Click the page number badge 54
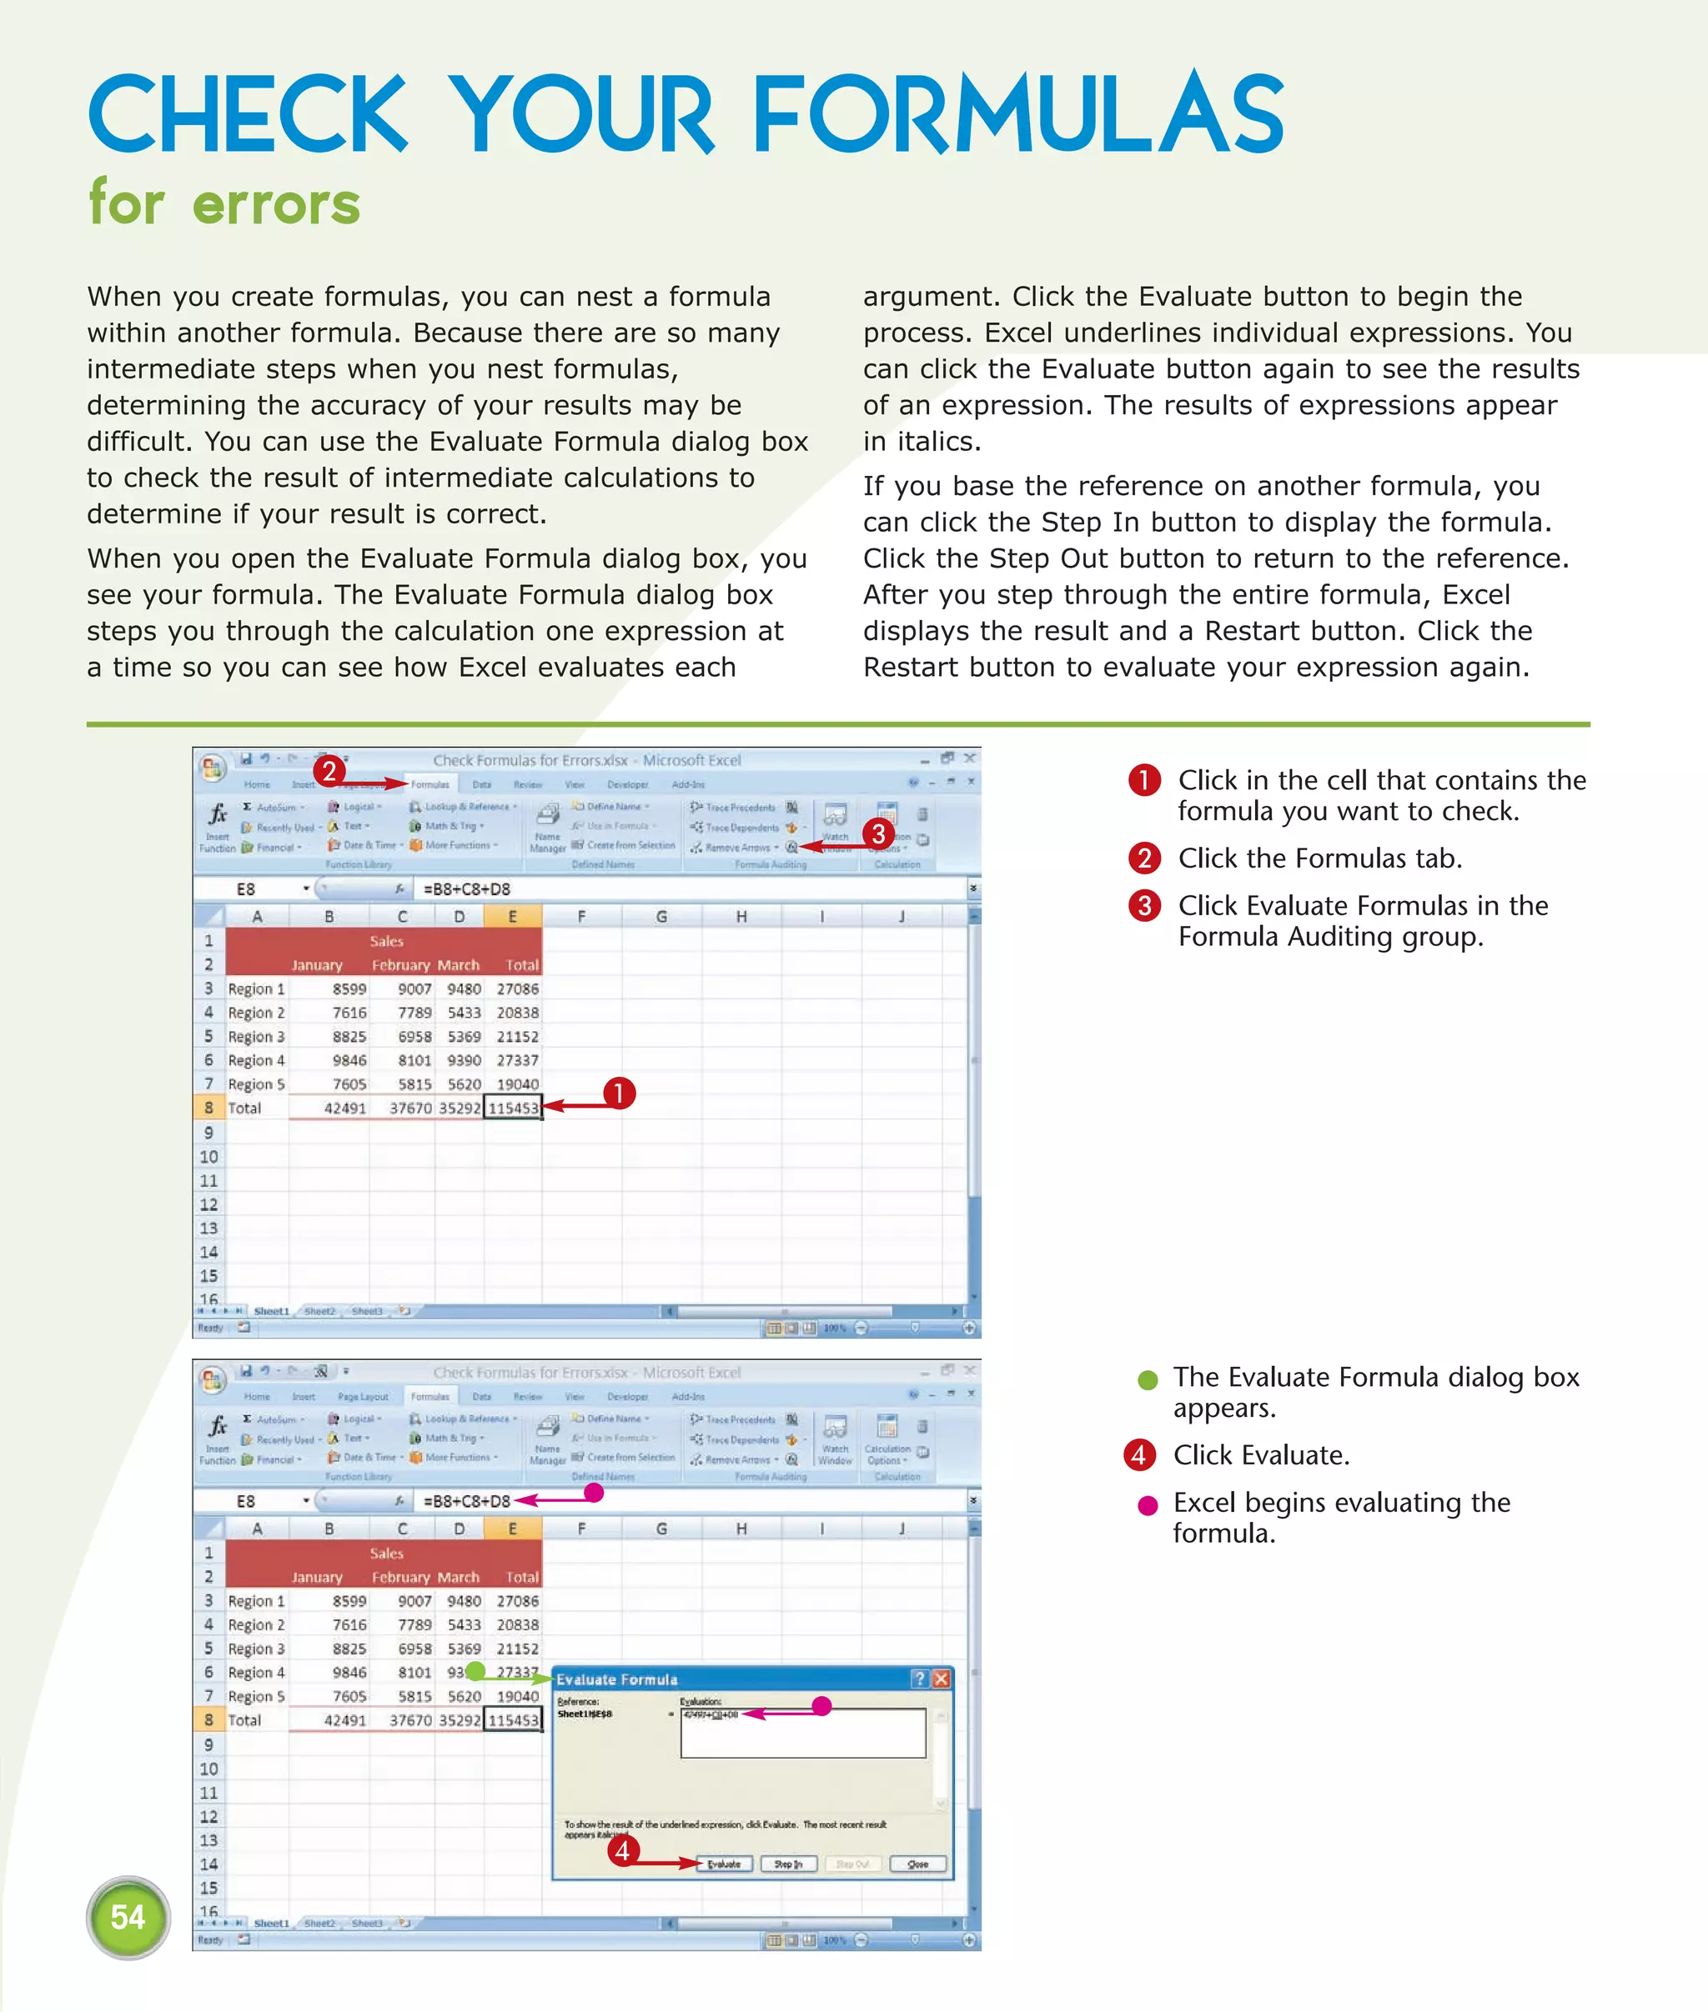pos(128,1916)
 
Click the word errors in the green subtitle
pos(276,205)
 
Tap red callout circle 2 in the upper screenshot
pos(329,770)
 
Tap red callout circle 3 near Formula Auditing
pos(878,833)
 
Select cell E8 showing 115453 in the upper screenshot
pos(512,1108)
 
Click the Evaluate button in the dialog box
pos(723,1864)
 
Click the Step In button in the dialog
pos(788,1864)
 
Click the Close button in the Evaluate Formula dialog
pos(917,1864)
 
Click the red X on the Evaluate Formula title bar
pos(941,1679)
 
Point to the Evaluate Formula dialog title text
pos(617,1679)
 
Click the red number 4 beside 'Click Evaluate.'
pos(1139,1454)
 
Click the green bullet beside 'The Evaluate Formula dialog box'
pos(1148,1380)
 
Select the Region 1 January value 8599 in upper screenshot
pos(349,989)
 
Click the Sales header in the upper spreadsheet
pos(385,941)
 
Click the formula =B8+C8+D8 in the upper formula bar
pos(467,888)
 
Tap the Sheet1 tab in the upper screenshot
pos(271,1311)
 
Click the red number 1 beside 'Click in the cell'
pos(1144,780)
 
